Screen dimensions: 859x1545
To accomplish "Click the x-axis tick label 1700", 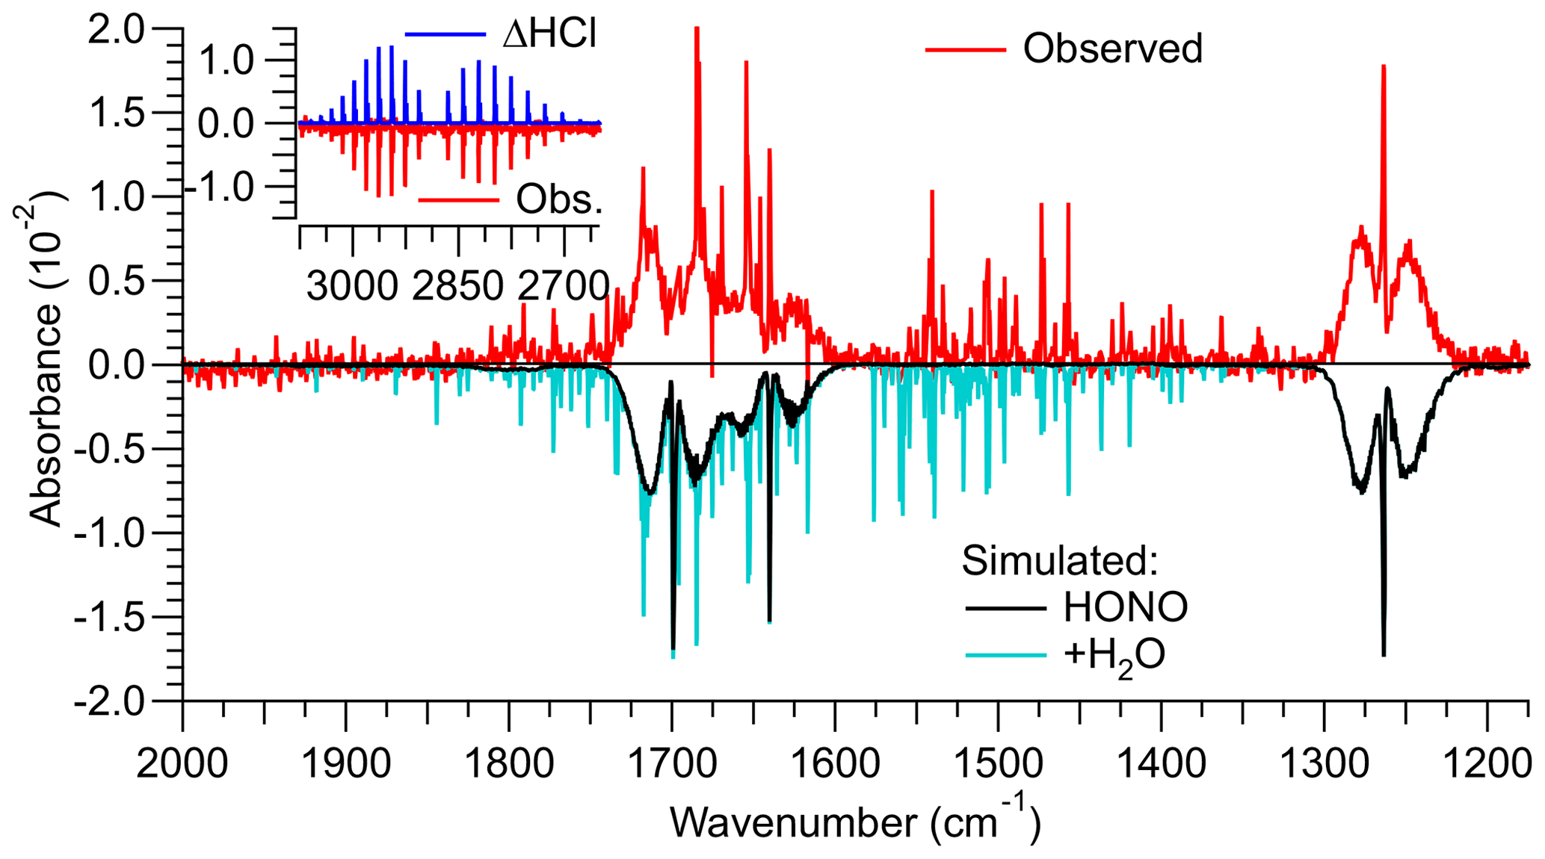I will coord(671,764).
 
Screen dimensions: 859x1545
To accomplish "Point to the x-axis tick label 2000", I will coord(182,764).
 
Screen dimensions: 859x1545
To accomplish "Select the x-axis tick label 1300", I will coord(1324,764).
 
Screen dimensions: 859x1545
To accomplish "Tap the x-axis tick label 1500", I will coord(998,764).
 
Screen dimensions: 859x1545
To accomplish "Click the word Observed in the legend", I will coord(1112,49).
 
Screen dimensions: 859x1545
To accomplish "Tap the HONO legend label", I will coord(1125,607).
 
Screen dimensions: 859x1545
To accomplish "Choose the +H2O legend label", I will coord(1114,656).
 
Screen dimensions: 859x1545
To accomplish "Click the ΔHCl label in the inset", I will coord(549,34).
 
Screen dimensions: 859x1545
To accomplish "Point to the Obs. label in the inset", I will coord(559,200).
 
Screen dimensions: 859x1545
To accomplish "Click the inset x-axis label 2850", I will coord(457,286).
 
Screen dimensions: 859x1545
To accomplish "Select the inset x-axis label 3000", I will coord(352,286).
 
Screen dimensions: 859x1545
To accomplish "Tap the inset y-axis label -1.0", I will coord(220,187).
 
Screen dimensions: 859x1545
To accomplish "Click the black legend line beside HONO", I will coord(1005,608).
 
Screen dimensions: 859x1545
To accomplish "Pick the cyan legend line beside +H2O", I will coord(1005,655).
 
